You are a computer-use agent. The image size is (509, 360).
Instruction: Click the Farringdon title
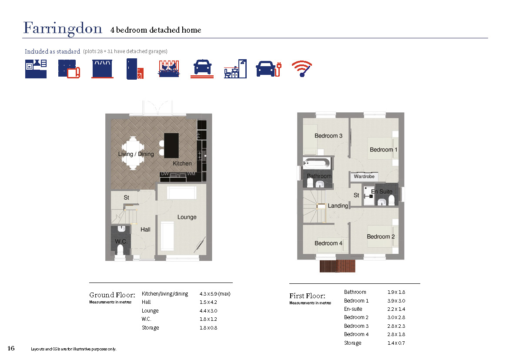pyautogui.click(x=63, y=29)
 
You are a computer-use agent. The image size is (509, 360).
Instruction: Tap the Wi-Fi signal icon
pyautogui.click(x=301, y=68)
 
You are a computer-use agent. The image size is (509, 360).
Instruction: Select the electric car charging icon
pyautogui.click(x=268, y=69)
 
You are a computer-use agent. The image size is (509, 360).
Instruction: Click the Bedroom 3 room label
pyautogui.click(x=328, y=136)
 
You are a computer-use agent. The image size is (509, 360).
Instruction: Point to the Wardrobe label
pyautogui.click(x=364, y=176)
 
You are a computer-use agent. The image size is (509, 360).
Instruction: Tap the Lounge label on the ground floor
pyautogui.click(x=187, y=217)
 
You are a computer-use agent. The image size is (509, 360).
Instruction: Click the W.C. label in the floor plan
pyautogui.click(x=121, y=242)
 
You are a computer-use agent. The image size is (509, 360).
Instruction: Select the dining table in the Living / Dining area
pyautogui.click(x=133, y=153)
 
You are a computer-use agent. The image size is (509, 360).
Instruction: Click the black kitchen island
pyautogui.click(x=171, y=145)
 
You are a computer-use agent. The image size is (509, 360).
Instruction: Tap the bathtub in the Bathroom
pyautogui.click(x=317, y=163)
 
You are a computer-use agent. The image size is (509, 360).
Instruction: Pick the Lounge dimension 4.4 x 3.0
pyautogui.click(x=208, y=311)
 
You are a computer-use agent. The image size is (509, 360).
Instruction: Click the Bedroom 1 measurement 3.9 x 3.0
pyautogui.click(x=396, y=301)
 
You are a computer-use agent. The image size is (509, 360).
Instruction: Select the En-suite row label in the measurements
pyautogui.click(x=353, y=309)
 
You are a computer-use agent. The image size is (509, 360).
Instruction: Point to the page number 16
pyautogui.click(x=11, y=348)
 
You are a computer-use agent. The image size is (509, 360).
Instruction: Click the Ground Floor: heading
pyautogui.click(x=112, y=295)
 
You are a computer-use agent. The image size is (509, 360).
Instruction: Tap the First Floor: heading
pyautogui.click(x=307, y=296)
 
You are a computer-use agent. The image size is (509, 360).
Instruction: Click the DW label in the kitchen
pyautogui.click(x=165, y=174)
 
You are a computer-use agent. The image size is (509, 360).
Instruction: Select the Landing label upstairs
pyautogui.click(x=338, y=205)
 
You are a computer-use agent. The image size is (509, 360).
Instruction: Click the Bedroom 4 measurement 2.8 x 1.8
pyautogui.click(x=396, y=334)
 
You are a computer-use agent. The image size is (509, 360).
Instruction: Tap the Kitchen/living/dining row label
pyautogui.click(x=165, y=294)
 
